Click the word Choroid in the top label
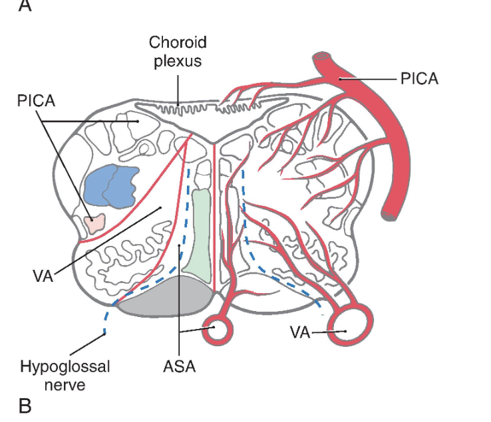click(178, 43)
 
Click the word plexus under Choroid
click(178, 60)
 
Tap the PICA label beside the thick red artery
click(419, 79)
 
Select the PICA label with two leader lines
click(37, 102)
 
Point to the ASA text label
click(179, 366)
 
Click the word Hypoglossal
click(65, 366)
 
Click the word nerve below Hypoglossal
click(65, 383)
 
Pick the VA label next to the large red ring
click(301, 332)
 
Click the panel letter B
click(25, 405)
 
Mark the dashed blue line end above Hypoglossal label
click(104, 334)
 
